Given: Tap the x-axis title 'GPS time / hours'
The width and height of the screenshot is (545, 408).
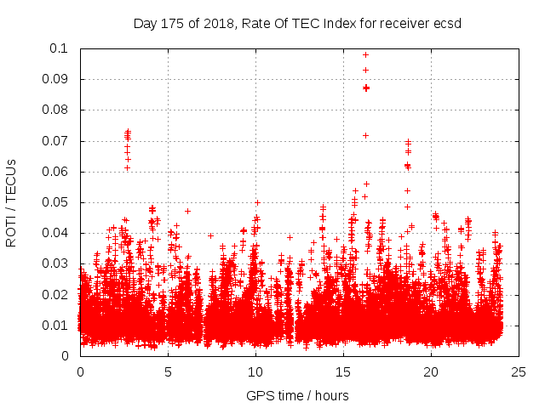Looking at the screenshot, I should (x=298, y=396).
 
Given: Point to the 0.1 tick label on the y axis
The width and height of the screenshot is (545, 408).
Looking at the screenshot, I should (x=60, y=48).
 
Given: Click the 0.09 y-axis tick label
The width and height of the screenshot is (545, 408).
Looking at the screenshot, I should (x=57, y=79).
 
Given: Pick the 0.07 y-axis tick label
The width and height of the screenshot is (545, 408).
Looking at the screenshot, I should (x=57, y=141).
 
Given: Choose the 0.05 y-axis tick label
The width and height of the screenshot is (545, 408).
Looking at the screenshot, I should (x=57, y=202).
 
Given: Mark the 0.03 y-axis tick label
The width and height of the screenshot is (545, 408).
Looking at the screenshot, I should (x=57, y=263).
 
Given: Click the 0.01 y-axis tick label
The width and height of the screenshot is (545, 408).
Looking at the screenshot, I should (x=57, y=326).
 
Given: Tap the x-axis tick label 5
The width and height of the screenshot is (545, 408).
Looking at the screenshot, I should (x=168, y=371).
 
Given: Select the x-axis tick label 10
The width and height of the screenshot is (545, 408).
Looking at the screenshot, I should (x=255, y=371).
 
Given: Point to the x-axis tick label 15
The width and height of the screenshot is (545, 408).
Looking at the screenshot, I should (x=343, y=371).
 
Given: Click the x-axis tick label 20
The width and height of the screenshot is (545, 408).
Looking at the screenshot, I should (x=431, y=371).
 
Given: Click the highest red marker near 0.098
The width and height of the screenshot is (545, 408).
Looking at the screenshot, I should (x=366, y=55).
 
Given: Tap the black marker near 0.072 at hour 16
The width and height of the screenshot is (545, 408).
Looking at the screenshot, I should (x=366, y=135).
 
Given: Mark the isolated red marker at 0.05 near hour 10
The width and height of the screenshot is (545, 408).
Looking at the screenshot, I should (x=257, y=203).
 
